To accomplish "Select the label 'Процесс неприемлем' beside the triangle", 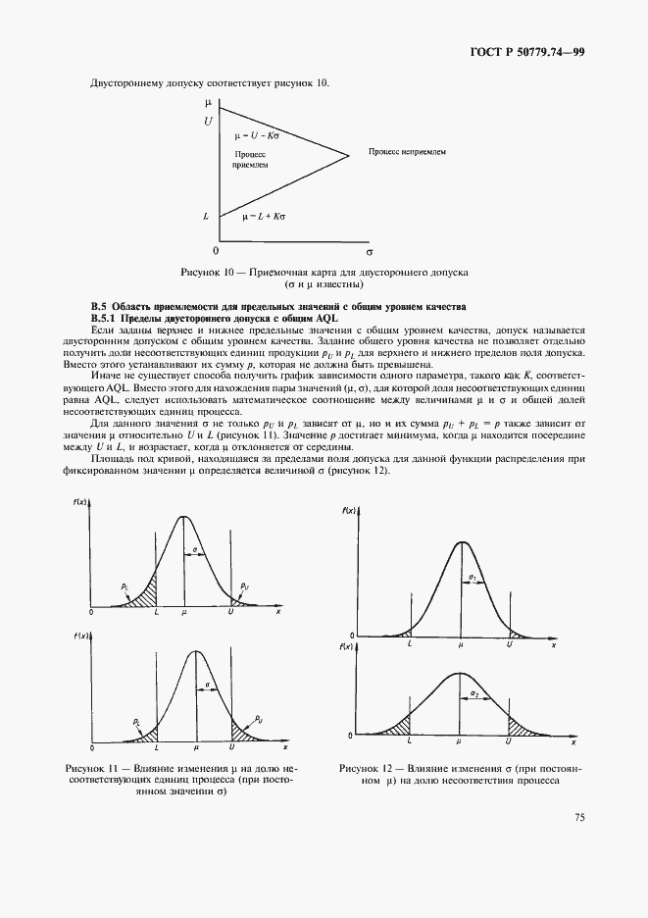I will pos(407,152).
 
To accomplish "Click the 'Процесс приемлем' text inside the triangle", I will pos(250,161).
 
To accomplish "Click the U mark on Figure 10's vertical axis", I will pos(208,121).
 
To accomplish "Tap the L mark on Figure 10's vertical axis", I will pos(207,215).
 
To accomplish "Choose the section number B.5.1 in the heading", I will pos(103,319).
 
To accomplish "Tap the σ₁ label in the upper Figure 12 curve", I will pos(473,577).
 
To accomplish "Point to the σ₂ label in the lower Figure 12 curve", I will pos(474,693).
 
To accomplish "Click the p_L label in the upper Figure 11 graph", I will pos(125,586).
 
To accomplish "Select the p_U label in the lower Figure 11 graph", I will pos(258,719).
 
